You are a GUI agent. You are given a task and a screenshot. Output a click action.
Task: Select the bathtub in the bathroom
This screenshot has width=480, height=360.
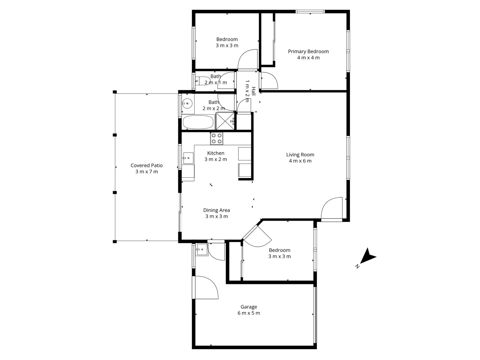pyautogui.click(x=198, y=122)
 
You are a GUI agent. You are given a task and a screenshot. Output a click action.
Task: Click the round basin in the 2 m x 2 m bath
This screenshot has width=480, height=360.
pyautogui.click(x=188, y=103)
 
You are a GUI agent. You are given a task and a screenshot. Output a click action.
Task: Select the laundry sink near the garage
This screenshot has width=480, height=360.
pyautogui.click(x=202, y=249)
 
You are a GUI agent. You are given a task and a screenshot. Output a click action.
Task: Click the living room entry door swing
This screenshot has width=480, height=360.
pyautogui.click(x=332, y=209)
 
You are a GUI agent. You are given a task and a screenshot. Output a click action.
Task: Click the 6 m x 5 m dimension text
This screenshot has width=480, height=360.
pyautogui.click(x=249, y=313)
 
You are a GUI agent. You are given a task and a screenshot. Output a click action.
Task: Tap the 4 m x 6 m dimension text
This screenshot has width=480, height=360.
pyautogui.click(x=300, y=161)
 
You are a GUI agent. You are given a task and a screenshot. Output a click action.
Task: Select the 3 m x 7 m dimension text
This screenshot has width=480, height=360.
pyautogui.click(x=147, y=172)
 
